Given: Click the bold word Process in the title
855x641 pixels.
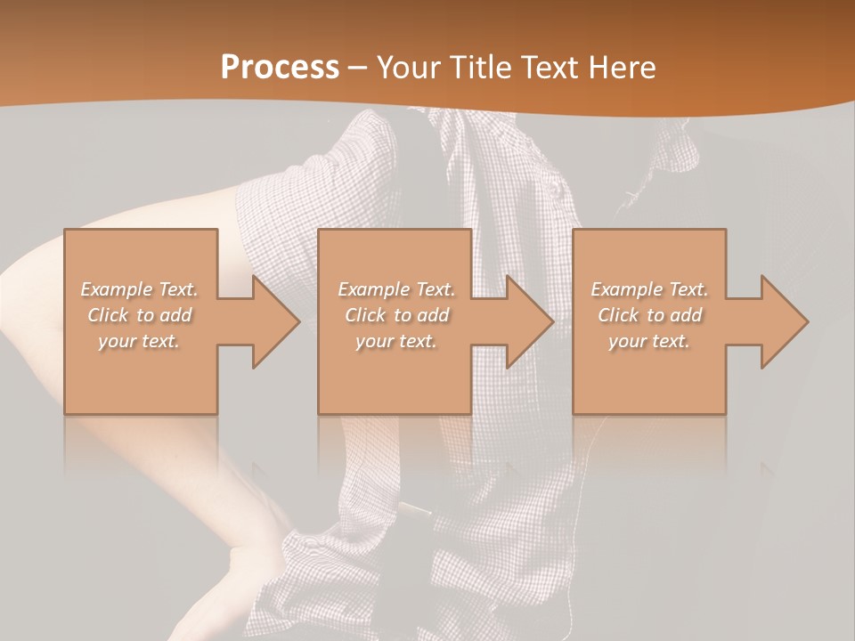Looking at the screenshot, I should [280, 68].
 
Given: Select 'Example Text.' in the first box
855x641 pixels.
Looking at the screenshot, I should [140, 289].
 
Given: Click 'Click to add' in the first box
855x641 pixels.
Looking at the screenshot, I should [140, 315].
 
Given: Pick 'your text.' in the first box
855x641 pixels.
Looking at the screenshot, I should [140, 341].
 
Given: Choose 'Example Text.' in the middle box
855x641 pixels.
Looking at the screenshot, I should [395, 289].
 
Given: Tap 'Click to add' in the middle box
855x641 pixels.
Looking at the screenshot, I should [395, 315].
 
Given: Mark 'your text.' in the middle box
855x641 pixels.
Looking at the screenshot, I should [395, 341].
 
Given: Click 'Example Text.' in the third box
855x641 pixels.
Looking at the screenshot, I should [649, 289].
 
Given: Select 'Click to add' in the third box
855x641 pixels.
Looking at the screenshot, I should [649, 315].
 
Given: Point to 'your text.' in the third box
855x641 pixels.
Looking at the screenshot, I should [649, 341].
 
